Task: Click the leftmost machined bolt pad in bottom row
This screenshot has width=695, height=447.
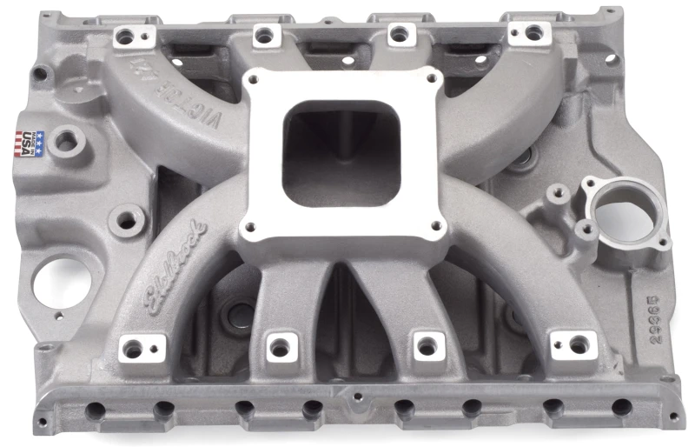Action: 134,349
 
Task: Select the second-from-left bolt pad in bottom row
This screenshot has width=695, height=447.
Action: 279,347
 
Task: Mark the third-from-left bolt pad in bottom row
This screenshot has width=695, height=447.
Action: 427,345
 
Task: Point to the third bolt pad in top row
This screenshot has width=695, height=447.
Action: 399,34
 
